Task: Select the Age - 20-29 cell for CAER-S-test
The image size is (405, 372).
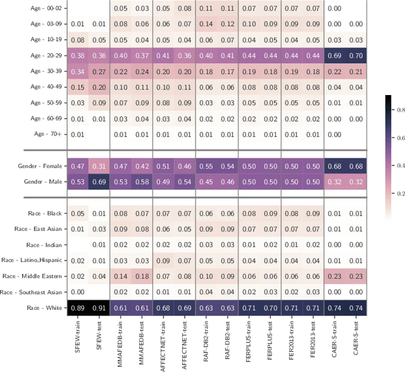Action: click(355, 56)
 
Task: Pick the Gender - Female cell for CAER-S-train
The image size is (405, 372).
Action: click(333, 165)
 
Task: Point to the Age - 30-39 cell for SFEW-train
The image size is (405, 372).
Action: click(77, 71)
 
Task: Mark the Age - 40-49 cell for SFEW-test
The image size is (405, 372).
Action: click(99, 86)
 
